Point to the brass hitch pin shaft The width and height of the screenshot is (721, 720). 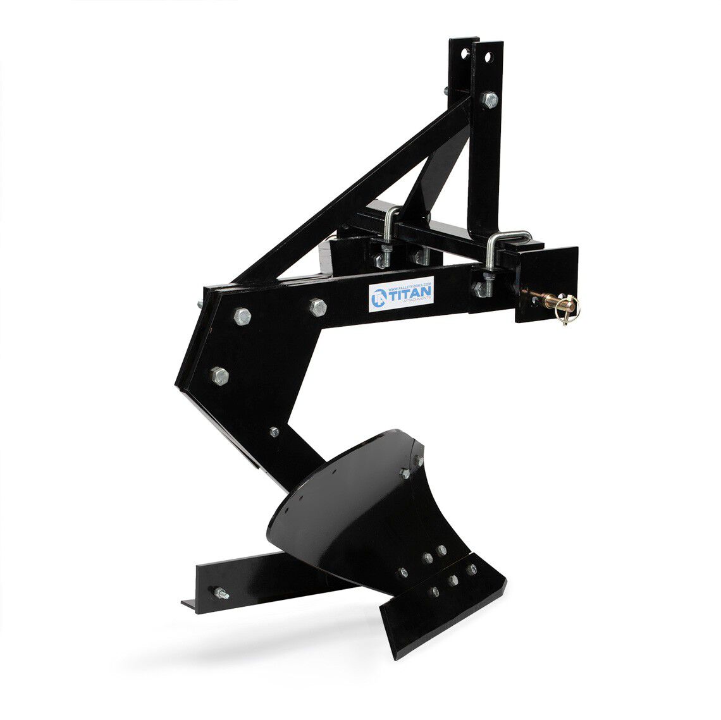543,296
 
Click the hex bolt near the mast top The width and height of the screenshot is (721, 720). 490,99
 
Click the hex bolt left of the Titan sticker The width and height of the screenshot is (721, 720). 317,307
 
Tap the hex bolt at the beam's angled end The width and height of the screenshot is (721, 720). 242,316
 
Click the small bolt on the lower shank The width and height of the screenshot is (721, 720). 274,432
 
